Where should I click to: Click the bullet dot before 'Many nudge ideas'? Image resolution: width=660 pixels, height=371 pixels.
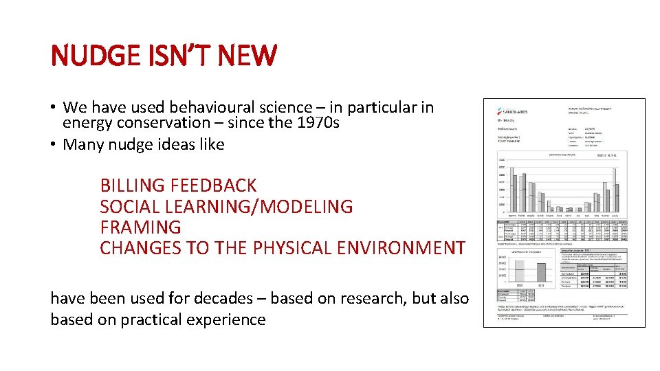(53, 145)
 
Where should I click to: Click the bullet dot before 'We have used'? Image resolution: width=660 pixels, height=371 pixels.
(53, 108)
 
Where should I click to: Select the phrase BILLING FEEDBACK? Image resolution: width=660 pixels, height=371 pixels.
(178, 185)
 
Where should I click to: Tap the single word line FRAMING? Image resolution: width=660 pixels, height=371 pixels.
(140, 227)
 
